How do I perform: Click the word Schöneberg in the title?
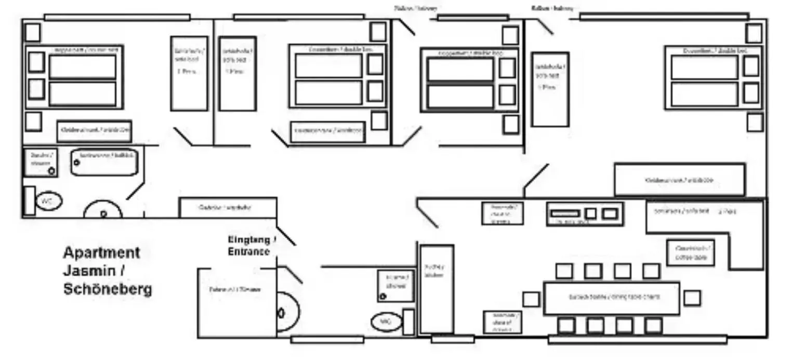[108, 289]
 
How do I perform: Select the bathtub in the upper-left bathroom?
[104, 162]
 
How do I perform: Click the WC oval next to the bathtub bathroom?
[48, 201]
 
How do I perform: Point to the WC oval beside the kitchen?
[386, 322]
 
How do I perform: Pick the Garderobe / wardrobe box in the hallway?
[227, 207]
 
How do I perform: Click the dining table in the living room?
[611, 298]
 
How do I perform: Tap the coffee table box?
[691, 252]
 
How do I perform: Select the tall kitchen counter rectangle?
[436, 289]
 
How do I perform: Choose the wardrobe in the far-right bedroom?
[679, 180]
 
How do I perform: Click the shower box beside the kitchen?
[396, 286]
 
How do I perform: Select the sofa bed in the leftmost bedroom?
[189, 73]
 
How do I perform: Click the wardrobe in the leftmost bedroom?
[94, 131]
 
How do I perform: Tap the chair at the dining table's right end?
[692, 298]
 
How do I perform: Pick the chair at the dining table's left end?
[531, 299]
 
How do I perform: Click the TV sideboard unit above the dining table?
[585, 214]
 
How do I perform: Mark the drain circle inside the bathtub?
[77, 162]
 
